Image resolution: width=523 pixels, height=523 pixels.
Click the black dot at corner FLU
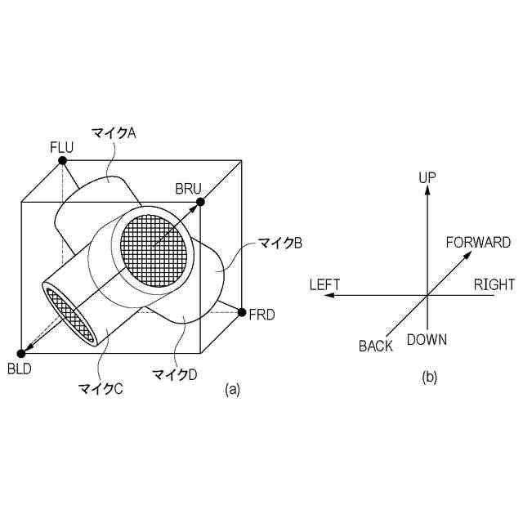[x=63, y=160]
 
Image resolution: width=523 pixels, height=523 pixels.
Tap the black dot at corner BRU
[x=200, y=201]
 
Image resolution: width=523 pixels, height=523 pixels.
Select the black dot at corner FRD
[x=242, y=311]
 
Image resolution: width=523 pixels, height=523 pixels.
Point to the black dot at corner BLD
[x=21, y=352]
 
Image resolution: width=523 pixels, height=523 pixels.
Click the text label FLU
[x=61, y=147]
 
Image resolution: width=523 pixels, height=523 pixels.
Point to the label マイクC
[x=100, y=388]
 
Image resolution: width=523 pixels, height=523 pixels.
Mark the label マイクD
[x=175, y=374]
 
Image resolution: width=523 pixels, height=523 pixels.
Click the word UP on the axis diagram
[x=427, y=177]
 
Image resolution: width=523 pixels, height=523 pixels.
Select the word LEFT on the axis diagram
[x=324, y=284]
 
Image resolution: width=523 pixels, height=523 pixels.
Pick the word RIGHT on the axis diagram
[x=494, y=284]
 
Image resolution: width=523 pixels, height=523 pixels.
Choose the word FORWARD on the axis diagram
[x=478, y=242]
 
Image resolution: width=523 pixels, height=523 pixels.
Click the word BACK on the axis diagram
[x=376, y=346]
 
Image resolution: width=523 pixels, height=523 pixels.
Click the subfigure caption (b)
[x=430, y=377]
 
